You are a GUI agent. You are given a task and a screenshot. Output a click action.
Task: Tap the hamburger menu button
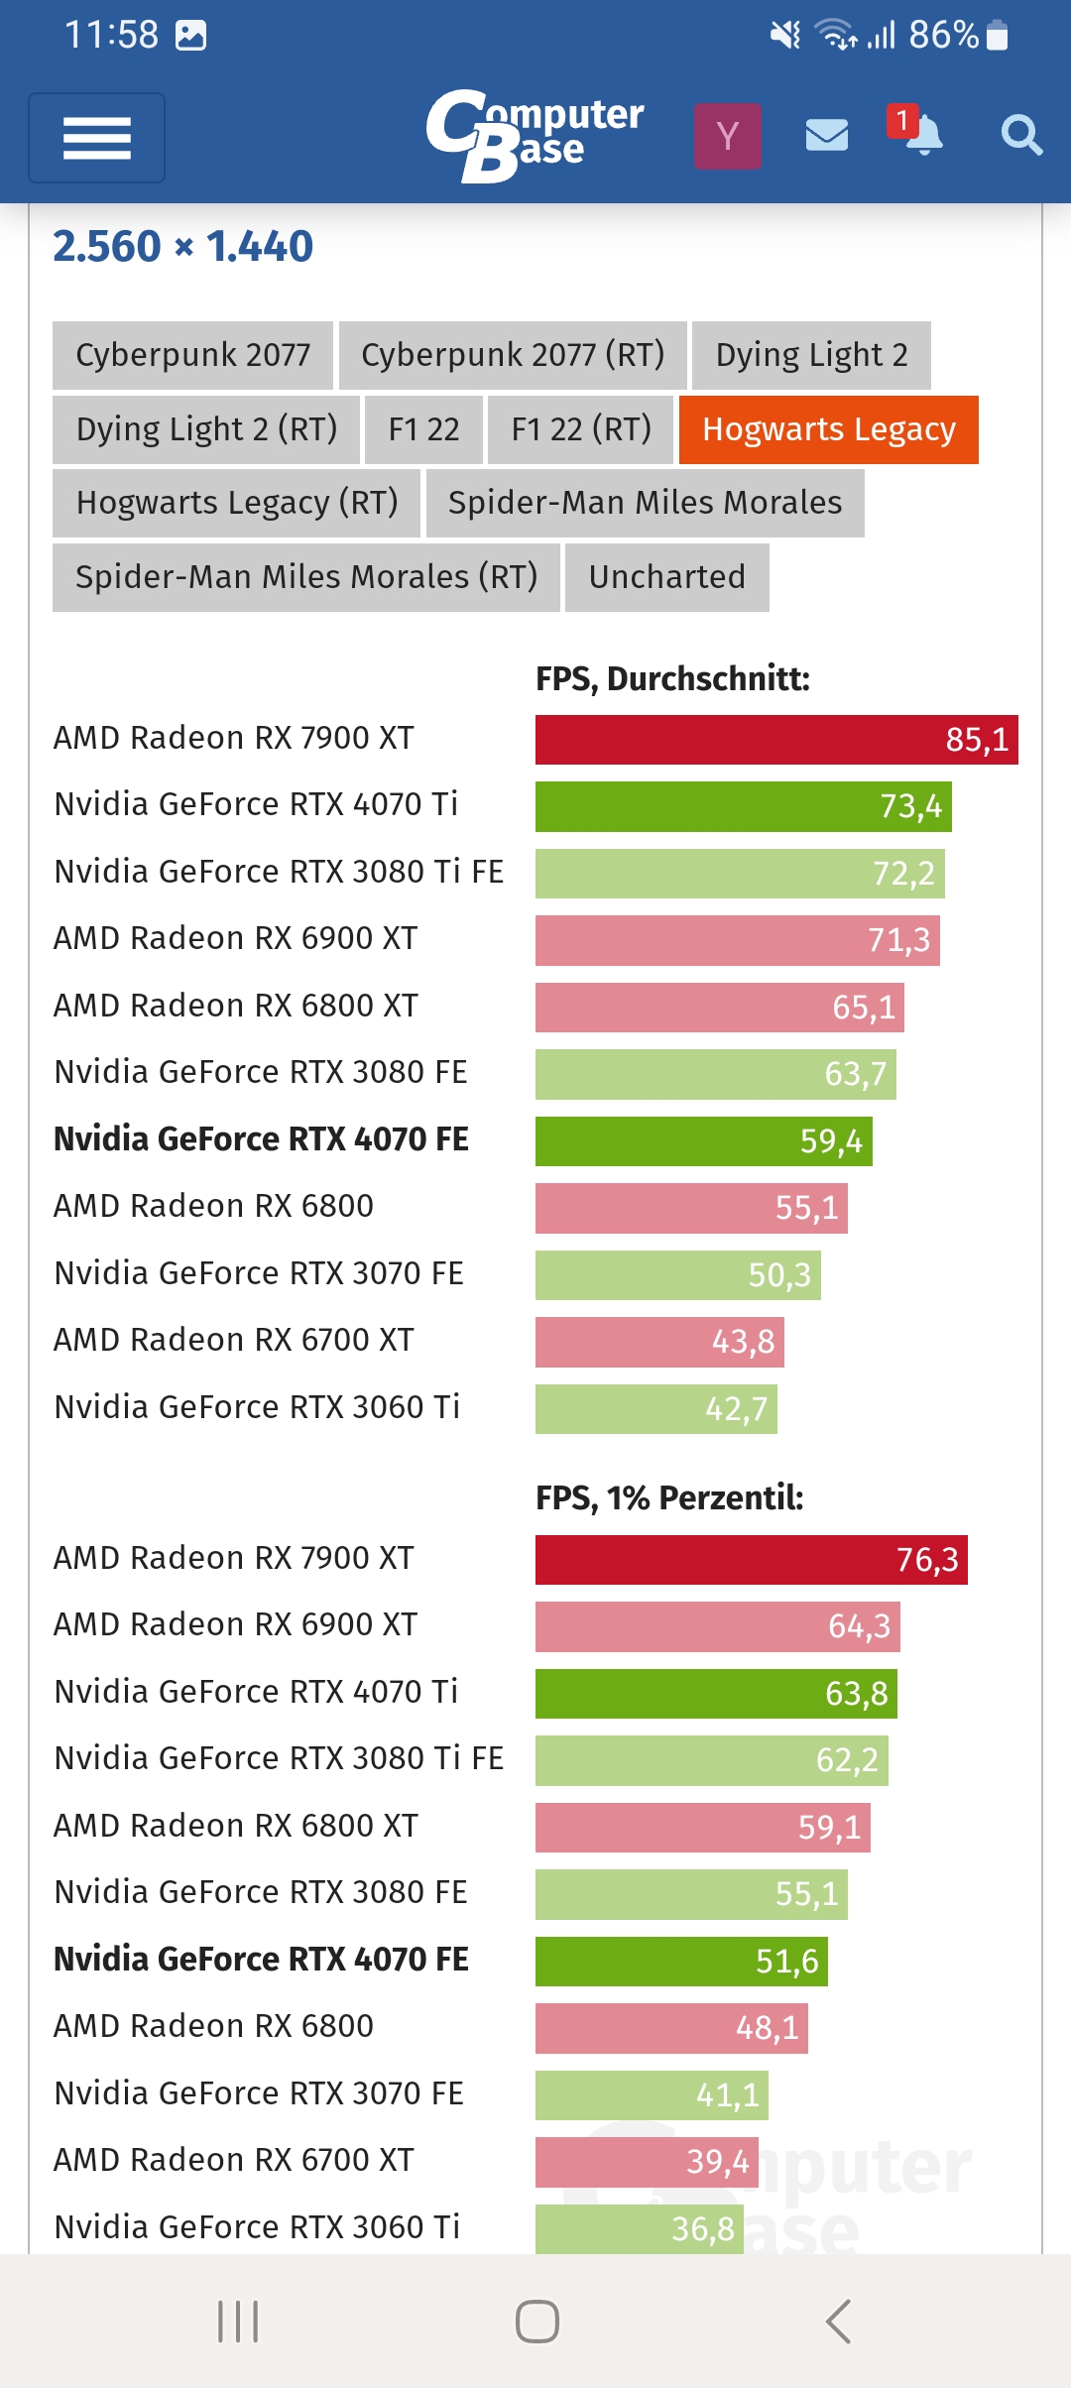[96, 138]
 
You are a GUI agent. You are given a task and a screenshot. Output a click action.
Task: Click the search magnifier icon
[1020, 135]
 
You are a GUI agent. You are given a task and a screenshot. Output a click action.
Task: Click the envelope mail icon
[826, 135]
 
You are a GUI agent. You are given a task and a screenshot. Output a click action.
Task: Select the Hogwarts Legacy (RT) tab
[236, 503]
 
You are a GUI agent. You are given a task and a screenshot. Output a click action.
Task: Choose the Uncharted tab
[666, 577]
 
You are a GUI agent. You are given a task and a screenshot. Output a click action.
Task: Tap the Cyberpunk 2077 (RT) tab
[512, 355]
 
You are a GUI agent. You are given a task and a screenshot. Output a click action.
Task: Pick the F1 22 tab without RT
[423, 429]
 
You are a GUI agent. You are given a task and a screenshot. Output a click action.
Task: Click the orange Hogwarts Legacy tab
[828, 429]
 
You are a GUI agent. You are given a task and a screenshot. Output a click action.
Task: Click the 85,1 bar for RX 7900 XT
[776, 740]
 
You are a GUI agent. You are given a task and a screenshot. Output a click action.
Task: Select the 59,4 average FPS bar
[703, 1141]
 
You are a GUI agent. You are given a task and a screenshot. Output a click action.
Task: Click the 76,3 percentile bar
[751, 1560]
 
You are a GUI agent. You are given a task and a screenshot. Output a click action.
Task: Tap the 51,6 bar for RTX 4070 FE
[681, 1962]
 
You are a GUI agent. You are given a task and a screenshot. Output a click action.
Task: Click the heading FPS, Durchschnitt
[672, 679]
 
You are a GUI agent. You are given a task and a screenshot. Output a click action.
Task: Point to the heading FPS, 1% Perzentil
[669, 1497]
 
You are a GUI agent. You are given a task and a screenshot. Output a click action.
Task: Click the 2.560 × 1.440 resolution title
[182, 247]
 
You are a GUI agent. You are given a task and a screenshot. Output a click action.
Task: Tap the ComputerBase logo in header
[535, 136]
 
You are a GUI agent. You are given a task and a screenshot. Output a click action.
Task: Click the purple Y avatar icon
[727, 136]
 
